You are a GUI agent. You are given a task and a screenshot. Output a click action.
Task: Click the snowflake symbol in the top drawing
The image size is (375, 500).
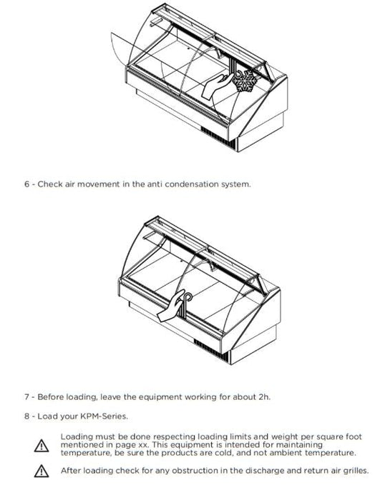pos(245,81)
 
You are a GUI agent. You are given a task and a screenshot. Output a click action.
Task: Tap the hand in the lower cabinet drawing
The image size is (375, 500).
pos(171,306)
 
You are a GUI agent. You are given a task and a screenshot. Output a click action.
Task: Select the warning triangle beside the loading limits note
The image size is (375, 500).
pos(42,446)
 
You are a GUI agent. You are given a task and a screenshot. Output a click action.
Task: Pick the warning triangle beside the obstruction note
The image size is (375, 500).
pos(42,471)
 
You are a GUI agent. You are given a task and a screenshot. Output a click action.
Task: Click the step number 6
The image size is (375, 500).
pos(26,184)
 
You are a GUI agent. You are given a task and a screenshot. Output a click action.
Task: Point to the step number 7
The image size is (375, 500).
pos(26,397)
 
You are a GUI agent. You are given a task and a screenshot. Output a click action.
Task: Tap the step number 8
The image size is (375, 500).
pos(26,416)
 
